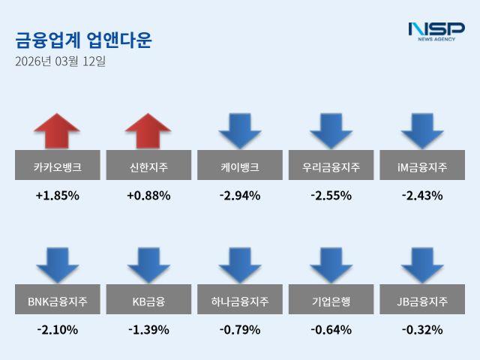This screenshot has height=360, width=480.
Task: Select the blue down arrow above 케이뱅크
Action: (240, 130)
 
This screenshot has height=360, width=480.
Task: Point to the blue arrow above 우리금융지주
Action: (331, 130)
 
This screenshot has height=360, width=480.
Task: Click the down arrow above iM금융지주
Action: (422, 130)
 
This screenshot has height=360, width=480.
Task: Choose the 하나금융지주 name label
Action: (240, 302)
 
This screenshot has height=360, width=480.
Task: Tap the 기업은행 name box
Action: (331, 302)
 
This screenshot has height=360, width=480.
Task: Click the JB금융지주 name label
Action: (422, 302)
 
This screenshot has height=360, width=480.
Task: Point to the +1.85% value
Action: (57, 196)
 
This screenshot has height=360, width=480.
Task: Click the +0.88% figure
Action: (148, 196)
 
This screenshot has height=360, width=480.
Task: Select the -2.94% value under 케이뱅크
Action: (240, 196)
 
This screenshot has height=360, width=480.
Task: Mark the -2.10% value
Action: (57, 329)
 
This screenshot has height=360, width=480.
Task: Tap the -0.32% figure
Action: (422, 329)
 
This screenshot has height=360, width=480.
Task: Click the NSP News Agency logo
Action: (436, 31)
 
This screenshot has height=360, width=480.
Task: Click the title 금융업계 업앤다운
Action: (83, 40)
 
